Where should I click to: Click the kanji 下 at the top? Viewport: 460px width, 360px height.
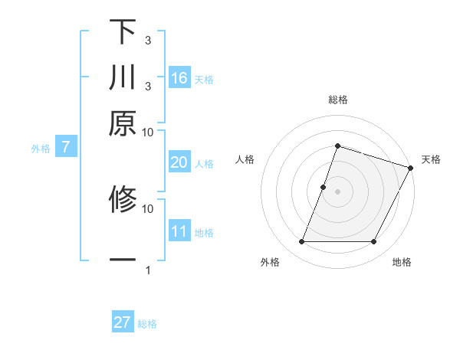123,32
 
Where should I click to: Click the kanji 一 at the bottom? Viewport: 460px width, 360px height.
123,260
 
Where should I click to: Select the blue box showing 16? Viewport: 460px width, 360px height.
179,78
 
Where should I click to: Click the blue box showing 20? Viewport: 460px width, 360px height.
179,162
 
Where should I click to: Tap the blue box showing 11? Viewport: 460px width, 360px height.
179,231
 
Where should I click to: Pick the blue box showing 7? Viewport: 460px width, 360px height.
66,147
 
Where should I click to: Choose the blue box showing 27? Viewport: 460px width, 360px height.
123,322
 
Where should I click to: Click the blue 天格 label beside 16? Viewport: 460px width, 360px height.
204,80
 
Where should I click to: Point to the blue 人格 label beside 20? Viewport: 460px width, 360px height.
204,164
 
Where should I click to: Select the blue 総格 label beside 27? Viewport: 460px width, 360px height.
147,324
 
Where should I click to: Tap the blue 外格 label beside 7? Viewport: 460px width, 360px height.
40,149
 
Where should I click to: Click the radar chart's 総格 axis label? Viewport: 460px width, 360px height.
338,100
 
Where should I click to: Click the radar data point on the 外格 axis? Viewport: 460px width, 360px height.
301,242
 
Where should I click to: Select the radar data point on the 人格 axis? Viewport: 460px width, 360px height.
324,187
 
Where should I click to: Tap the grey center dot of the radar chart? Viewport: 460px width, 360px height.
338,191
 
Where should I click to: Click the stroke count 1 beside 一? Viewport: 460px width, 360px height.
148,270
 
